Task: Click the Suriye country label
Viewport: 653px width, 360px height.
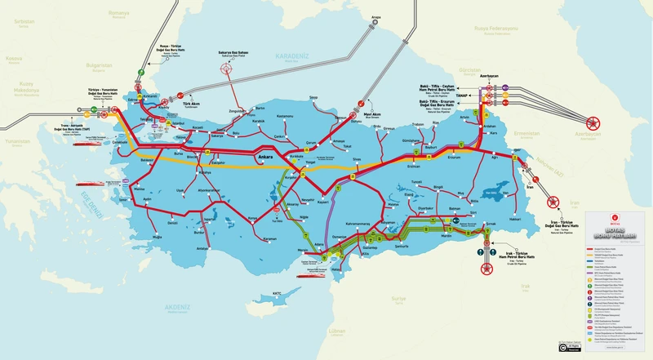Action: [x=398, y=298]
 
